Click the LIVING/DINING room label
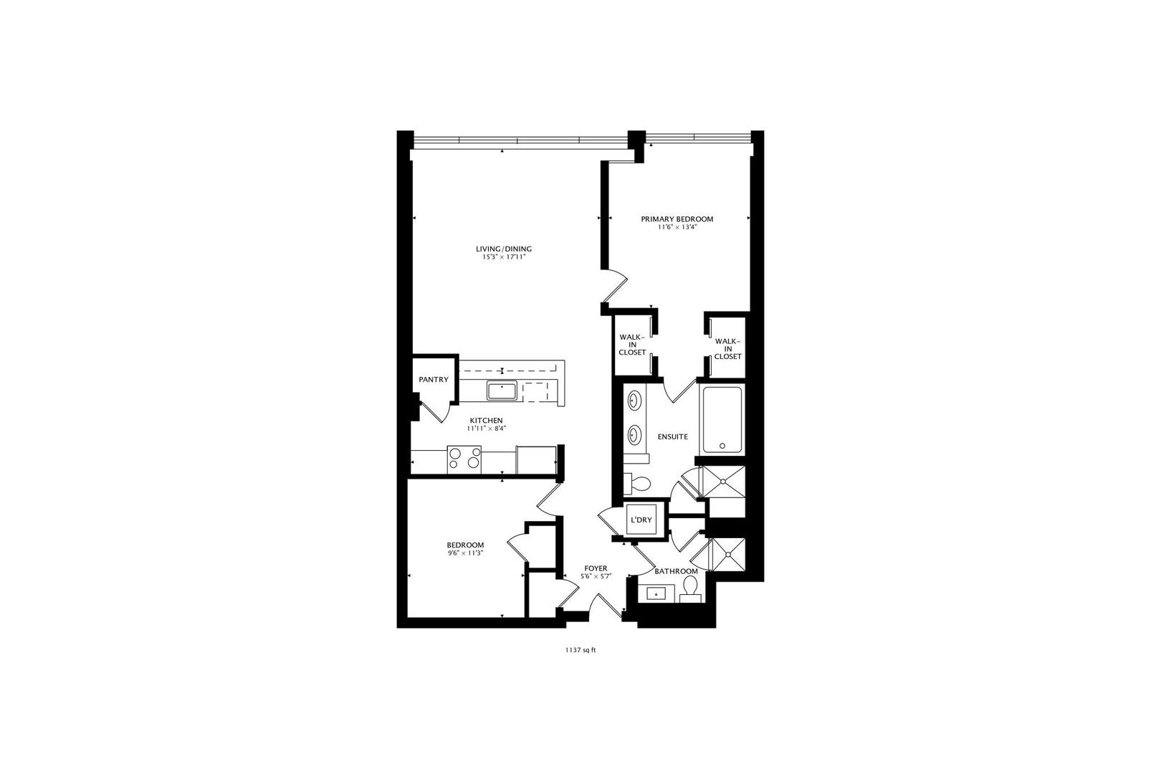pyautogui.click(x=504, y=249)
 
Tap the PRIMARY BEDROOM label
pyautogui.click(x=677, y=219)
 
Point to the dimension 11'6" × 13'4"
pyautogui.click(x=677, y=227)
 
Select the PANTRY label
pyautogui.click(x=434, y=380)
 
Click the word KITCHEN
pyautogui.click(x=486, y=421)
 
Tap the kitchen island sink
pyautogui.click(x=503, y=391)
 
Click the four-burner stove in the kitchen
pyautogui.click(x=464, y=459)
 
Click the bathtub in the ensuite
pyautogui.click(x=722, y=419)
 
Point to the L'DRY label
pyautogui.click(x=641, y=520)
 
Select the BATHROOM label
pyautogui.click(x=676, y=571)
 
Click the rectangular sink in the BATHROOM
pyautogui.click(x=656, y=593)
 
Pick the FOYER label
pyautogui.click(x=596, y=568)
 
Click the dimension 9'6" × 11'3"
pyautogui.click(x=465, y=553)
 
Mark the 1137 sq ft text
pyautogui.click(x=580, y=651)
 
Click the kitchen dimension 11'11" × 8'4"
pyautogui.click(x=486, y=429)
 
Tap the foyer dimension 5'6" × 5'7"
pyautogui.click(x=596, y=576)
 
